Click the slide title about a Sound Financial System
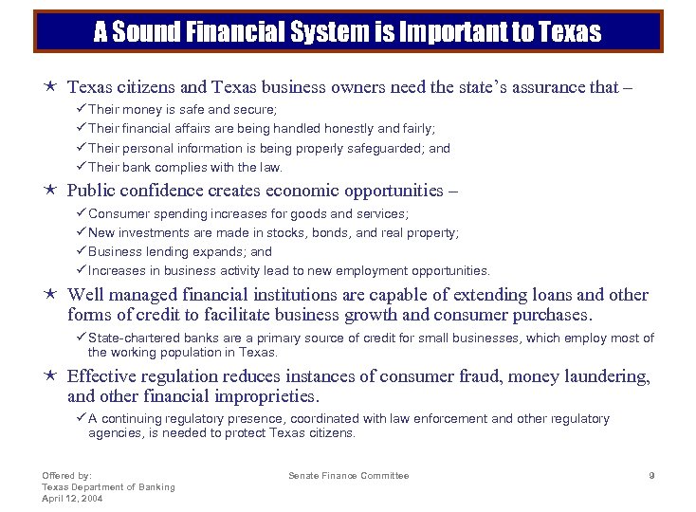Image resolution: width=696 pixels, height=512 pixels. click(347, 32)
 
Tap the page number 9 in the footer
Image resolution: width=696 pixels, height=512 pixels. click(651, 475)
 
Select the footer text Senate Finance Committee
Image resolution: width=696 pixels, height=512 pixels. click(349, 475)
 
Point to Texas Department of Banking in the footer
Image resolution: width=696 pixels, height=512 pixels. click(108, 486)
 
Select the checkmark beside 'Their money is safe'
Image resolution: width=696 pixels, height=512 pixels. click(82, 110)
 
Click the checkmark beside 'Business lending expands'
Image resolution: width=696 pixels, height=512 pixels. click(82, 251)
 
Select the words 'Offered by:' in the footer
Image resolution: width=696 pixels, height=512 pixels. click(66, 475)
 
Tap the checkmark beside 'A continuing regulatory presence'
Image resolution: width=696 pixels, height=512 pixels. click(82, 418)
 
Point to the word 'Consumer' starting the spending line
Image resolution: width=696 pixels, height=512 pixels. click(119, 214)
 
